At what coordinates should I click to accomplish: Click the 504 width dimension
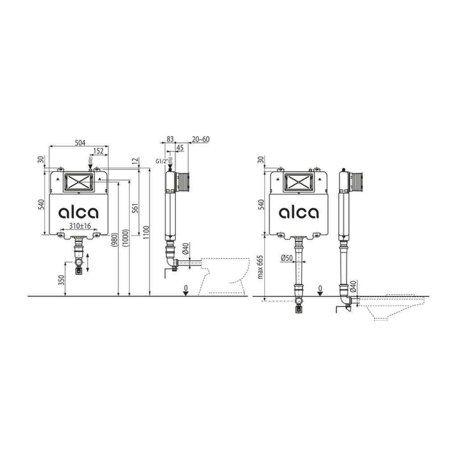(x=80, y=143)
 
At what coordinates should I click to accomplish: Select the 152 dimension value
(x=98, y=151)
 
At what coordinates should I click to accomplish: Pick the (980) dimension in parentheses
(x=115, y=241)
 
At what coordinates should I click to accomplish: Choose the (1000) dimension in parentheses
(x=125, y=239)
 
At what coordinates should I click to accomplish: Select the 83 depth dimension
(x=170, y=139)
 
